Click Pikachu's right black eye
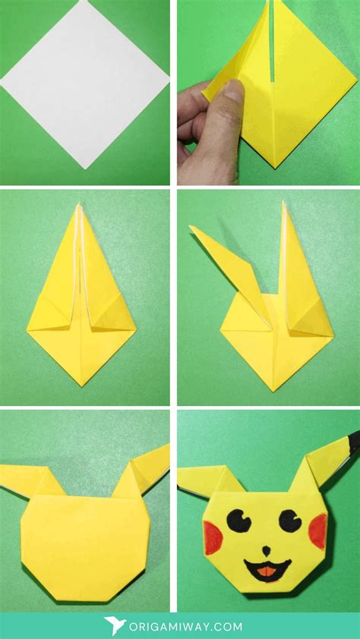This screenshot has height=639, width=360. pyautogui.click(x=289, y=520)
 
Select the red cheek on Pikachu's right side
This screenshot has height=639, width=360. pyautogui.click(x=317, y=529)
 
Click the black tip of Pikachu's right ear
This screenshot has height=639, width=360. pyautogui.click(x=351, y=439)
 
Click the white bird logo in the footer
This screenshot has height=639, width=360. pyautogui.click(x=115, y=625)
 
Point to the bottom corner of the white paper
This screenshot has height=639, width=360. pyautogui.click(x=84, y=166)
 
